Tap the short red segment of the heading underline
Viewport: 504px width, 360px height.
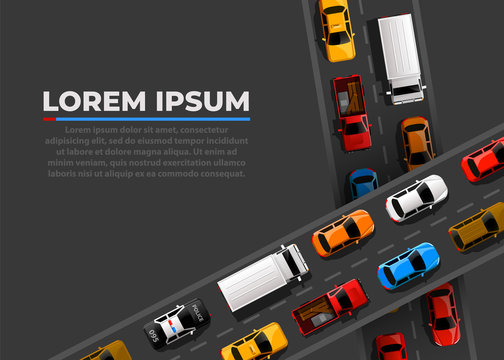(49, 119)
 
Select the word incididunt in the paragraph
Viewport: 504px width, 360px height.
(221, 141)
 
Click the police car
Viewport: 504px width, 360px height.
(176, 322)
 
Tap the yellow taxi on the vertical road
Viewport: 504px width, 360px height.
(337, 29)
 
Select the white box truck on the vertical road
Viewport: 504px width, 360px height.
(400, 57)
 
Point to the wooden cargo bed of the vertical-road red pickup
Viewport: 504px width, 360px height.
(349, 97)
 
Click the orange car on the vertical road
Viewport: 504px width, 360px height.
(416, 142)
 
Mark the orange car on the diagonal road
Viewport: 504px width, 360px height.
(343, 232)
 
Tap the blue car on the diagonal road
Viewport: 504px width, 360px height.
(408, 265)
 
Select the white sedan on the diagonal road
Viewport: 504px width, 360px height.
(417, 198)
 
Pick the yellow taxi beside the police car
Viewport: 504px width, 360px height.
(254, 342)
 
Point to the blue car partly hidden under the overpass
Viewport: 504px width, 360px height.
(362, 183)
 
